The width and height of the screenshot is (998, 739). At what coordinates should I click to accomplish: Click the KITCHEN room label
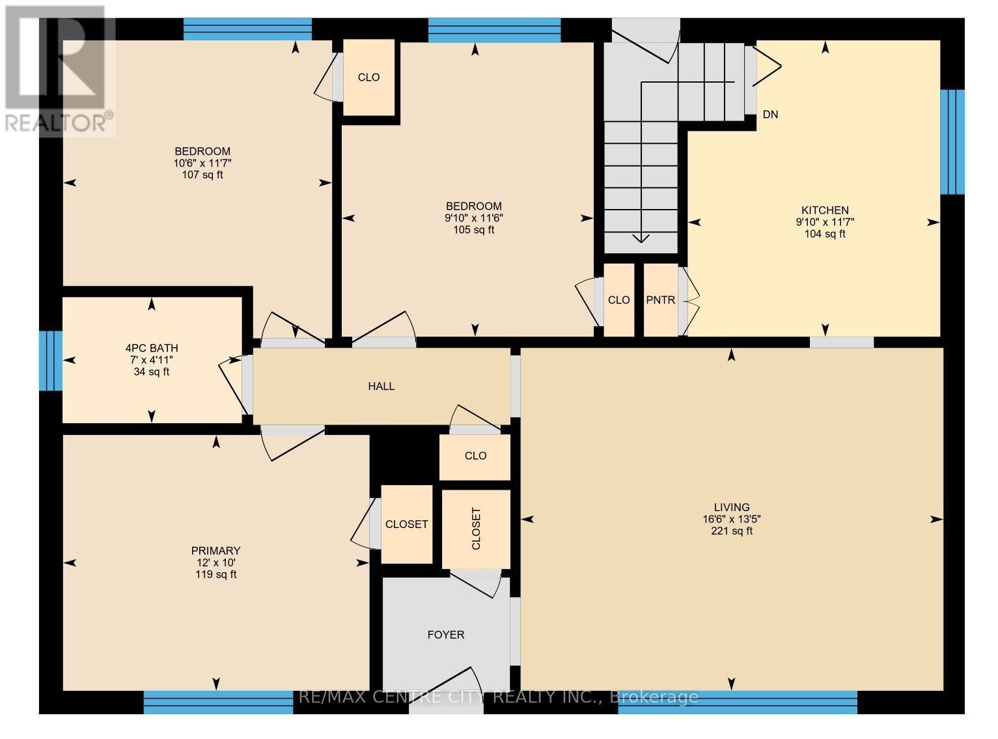824,210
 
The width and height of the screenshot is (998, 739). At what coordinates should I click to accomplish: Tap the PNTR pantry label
660,300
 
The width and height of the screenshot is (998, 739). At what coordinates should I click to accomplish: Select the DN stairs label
770,115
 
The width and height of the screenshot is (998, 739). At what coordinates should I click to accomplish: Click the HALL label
381,386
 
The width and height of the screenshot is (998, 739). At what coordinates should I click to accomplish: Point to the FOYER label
446,635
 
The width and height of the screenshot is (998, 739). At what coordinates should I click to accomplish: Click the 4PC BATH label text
152,348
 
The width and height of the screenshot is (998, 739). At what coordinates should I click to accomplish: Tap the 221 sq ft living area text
731,531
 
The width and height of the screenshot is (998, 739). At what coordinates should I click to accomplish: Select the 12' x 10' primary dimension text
215,563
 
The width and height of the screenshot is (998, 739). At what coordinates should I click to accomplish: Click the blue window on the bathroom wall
51,361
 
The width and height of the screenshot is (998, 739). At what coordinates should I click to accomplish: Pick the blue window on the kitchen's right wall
952,142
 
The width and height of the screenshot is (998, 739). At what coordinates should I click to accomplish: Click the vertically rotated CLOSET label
476,528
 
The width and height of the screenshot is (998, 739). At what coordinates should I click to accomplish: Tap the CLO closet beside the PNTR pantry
618,300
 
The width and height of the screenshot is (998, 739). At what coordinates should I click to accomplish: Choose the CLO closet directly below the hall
475,456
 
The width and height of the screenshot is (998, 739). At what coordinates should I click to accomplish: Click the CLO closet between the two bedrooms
368,77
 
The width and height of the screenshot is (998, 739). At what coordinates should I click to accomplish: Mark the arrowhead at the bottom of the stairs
641,238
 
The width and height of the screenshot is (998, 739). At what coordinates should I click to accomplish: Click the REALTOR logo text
59,122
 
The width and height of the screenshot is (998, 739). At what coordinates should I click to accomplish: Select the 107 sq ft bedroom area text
202,174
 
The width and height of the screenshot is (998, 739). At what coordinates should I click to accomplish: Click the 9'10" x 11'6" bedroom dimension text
473,218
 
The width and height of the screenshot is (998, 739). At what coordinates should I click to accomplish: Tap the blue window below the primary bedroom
218,702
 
